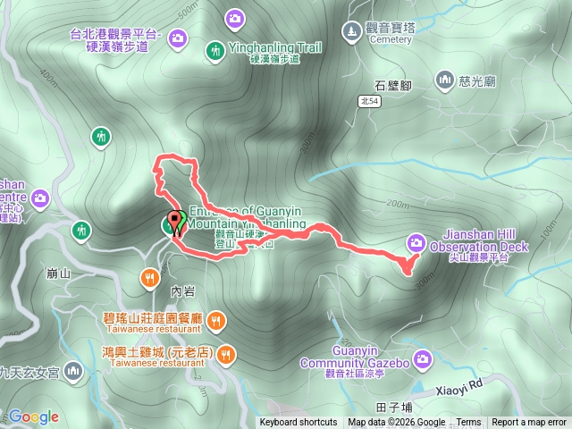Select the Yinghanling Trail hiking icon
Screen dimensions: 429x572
point(214,51)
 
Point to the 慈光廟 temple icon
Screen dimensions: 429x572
point(445,81)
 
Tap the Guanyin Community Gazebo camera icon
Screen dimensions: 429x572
point(422,358)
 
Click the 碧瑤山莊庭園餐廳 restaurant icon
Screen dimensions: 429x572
point(215,319)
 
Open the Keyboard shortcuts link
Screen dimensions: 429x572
point(299,423)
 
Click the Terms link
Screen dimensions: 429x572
point(468,423)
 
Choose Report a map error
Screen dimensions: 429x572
point(529,423)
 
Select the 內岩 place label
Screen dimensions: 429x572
point(181,290)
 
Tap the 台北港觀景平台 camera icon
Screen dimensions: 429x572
point(177,38)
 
